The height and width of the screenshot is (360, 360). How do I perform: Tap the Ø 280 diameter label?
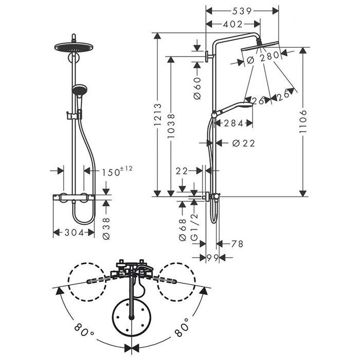point(262,58)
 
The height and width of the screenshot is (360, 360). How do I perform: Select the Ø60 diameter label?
point(196,88)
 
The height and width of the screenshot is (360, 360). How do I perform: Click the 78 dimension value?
point(237,244)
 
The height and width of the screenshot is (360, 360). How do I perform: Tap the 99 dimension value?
point(212,257)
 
